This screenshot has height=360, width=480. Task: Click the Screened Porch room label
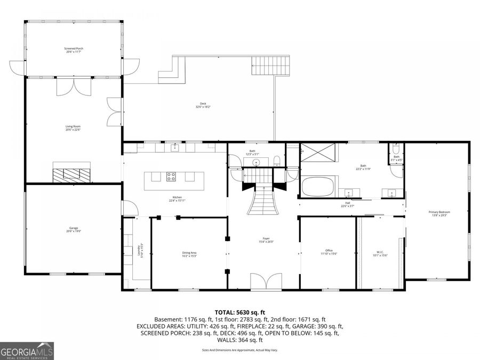pyautogui.click(x=74, y=50)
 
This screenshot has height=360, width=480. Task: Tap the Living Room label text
pyautogui.click(x=74, y=127)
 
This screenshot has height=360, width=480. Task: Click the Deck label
pyautogui.click(x=203, y=105)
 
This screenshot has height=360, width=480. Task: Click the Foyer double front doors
pyautogui.click(x=266, y=281)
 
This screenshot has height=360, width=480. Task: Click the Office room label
pyautogui.click(x=329, y=252)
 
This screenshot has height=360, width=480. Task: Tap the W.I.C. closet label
pyautogui.click(x=380, y=253)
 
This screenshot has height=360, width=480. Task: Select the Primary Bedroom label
pyautogui.click(x=437, y=213)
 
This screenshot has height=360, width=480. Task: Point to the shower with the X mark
pyautogui.click(x=319, y=154)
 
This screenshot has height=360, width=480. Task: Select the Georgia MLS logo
pyautogui.click(x=27, y=352)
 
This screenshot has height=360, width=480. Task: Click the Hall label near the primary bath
pyautogui.click(x=347, y=205)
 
